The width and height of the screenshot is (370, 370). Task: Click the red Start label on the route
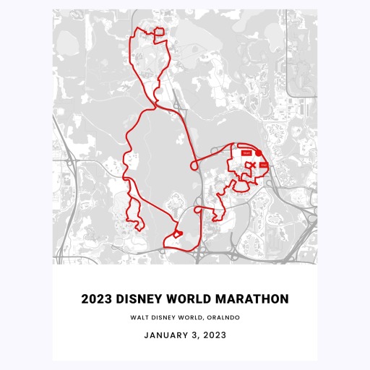click(x=246, y=153)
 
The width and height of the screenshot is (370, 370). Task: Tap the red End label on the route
click(x=263, y=168)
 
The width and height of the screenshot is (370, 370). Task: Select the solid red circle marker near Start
click(x=258, y=154)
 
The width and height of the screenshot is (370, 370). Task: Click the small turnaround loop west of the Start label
click(x=194, y=165)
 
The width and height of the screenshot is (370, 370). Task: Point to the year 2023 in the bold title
click(x=96, y=298)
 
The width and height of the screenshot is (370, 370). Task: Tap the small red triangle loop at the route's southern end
click(x=173, y=236)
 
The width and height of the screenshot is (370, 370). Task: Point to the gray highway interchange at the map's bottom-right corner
click(x=304, y=242)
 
